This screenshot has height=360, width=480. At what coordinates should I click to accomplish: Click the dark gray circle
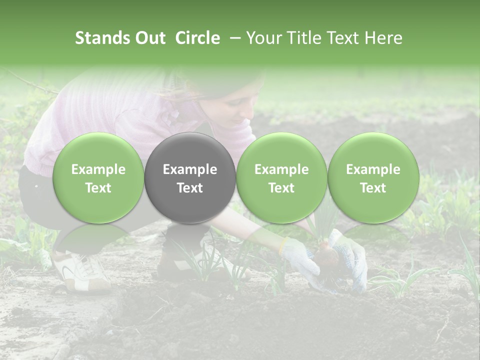pos(190,177)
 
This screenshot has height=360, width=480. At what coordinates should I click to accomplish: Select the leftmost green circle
pos(98,177)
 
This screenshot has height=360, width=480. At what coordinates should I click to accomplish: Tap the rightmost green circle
pos(373,177)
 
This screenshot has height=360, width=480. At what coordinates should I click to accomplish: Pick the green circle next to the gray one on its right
pos(281,177)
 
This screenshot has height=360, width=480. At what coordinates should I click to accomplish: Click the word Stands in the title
pos(101,38)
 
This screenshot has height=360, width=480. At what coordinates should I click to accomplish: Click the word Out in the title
pos(149,38)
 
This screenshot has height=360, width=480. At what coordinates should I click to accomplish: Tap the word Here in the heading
pos(383,38)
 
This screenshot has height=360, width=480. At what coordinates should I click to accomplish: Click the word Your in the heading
pos(262,38)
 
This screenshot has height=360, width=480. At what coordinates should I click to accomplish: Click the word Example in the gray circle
pos(190,169)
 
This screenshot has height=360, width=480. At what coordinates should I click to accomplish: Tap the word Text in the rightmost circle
pos(373,187)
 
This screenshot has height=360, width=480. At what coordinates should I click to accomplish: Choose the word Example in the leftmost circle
pos(98,169)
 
